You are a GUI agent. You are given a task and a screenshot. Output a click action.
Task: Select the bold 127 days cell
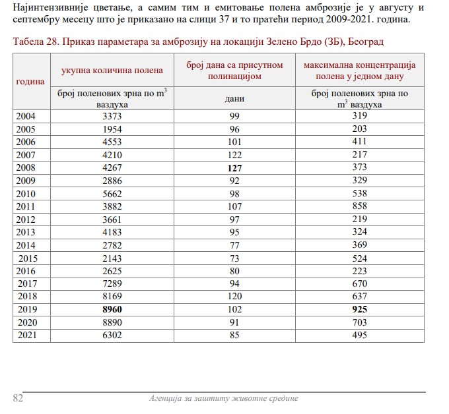(234, 167)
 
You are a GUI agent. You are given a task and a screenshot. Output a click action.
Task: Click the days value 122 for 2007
(234, 156)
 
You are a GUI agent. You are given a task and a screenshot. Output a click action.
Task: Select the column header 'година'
(30, 81)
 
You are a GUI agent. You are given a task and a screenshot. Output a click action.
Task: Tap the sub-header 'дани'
(234, 99)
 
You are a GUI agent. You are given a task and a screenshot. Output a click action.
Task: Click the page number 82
(18, 398)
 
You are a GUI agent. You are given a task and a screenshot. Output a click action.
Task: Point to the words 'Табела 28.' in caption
(35, 42)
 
